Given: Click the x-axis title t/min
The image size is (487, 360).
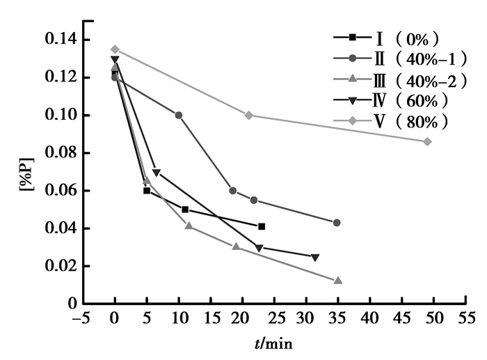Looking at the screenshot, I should tap(273, 344).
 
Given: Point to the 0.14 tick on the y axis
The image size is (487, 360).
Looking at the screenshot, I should tap(62, 40).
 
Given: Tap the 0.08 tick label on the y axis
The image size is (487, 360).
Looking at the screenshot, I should tap(62, 153).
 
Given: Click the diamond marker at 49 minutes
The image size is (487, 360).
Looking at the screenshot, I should tap(427, 141).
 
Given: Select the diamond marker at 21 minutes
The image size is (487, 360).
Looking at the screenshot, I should tap(248, 115).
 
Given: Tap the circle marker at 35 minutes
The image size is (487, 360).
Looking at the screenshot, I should tap(337, 223).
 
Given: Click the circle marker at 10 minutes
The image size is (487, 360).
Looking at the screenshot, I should tap(179, 115).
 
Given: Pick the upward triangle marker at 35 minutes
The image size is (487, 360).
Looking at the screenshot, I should tap(338, 281).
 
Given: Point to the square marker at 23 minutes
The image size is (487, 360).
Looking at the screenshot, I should tap(262, 226).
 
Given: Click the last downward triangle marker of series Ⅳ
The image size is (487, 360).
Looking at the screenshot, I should tap(315, 258).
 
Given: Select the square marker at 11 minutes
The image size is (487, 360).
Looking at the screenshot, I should tap(185, 209).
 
